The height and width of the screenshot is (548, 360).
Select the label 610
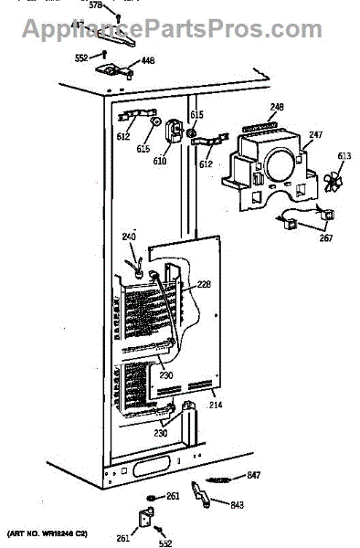[160, 161]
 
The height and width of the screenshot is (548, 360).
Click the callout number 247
[315, 134]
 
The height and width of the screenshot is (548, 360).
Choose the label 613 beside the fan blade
[344, 156]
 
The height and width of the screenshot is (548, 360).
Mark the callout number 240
[129, 237]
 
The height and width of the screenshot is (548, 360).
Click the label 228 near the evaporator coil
[205, 285]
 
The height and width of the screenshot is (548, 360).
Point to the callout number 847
[253, 476]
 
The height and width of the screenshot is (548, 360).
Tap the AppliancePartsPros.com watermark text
[180, 29]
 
